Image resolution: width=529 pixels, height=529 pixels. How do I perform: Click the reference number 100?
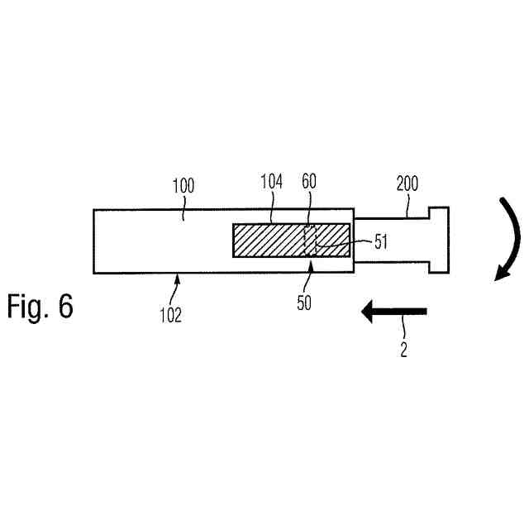click(183, 185)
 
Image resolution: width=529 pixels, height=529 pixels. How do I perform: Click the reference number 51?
click(379, 241)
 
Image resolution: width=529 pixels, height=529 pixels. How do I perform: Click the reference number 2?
click(404, 350)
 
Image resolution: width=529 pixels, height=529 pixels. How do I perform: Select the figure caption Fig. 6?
click(41, 307)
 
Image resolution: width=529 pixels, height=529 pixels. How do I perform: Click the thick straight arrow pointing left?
click(395, 312)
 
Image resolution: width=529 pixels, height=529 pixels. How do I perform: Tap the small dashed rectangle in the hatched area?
click(311, 241)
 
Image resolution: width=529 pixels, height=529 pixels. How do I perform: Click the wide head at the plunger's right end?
click(438, 240)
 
